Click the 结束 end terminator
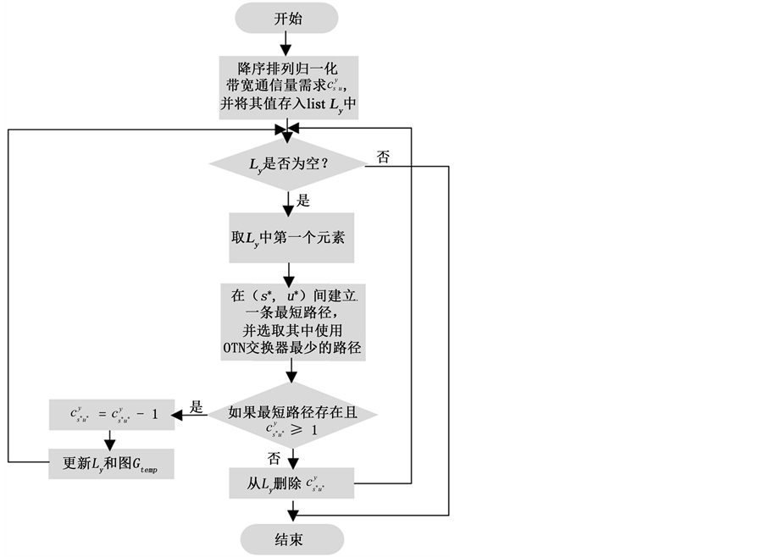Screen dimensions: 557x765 (x=291, y=539)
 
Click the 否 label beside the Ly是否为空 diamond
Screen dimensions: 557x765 (x=382, y=157)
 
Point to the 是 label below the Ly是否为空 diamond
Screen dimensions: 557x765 (x=302, y=201)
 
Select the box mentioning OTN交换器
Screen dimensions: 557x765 (x=291, y=322)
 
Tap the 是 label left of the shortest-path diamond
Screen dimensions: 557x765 (x=196, y=407)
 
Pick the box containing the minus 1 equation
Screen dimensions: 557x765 (x=111, y=415)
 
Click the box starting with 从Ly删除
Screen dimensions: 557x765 (x=291, y=483)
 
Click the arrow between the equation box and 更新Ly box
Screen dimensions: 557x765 (x=111, y=438)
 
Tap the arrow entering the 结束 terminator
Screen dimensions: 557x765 (x=291, y=512)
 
